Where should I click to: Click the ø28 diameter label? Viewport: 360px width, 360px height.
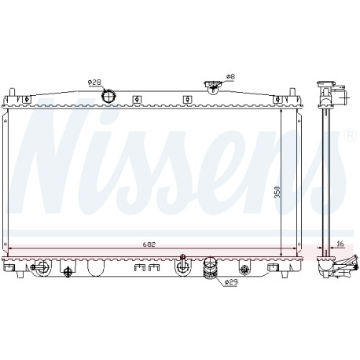[x=94, y=83]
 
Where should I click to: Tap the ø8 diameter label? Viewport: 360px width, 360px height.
[x=230, y=76]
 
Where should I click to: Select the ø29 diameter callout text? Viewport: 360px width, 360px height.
[x=230, y=282]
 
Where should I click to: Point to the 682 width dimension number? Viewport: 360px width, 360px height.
[x=149, y=244]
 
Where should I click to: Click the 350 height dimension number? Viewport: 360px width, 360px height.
[x=277, y=192]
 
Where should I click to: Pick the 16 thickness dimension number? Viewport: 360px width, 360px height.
[x=340, y=244]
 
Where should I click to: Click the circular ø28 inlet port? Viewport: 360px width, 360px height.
[x=108, y=96]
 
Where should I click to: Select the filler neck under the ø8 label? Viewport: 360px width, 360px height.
[x=213, y=86]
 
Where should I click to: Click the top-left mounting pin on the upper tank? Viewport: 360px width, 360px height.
[x=12, y=93]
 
